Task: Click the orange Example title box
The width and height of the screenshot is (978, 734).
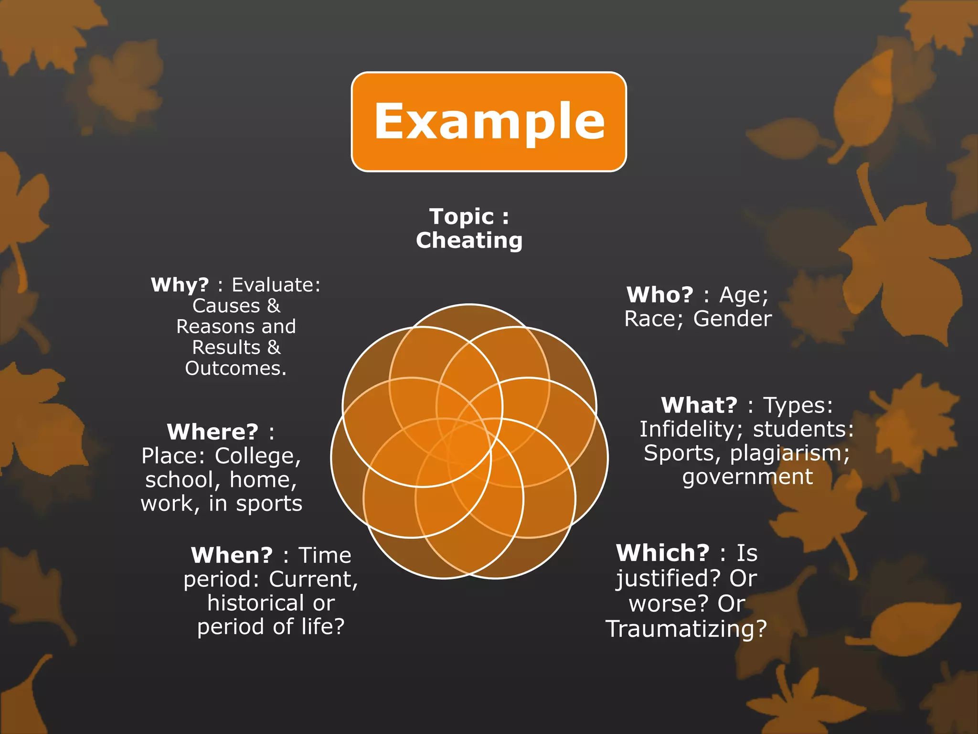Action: click(489, 121)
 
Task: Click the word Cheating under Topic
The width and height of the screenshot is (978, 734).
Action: click(469, 240)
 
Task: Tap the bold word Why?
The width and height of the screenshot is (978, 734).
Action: click(180, 285)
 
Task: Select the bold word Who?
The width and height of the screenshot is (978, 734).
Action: click(659, 295)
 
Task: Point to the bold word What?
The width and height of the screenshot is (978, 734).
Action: click(699, 405)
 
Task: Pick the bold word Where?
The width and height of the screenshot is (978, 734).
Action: click(213, 432)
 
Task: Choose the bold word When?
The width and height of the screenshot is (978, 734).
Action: click(232, 555)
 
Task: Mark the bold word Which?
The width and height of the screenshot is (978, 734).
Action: click(662, 553)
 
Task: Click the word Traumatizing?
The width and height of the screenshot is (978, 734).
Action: click(686, 629)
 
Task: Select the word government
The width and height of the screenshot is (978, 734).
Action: click(747, 477)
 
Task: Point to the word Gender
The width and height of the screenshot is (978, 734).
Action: click(732, 319)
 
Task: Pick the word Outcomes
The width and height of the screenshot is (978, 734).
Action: click(235, 368)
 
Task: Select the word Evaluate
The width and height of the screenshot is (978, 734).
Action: click(276, 285)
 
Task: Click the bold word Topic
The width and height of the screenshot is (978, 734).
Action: click(461, 216)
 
